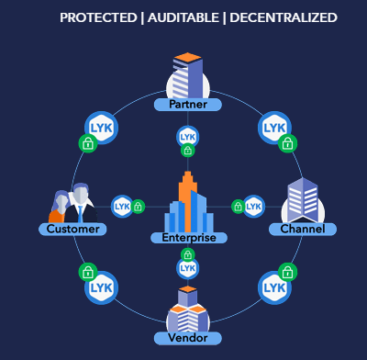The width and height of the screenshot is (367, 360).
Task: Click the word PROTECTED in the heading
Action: coord(98,17)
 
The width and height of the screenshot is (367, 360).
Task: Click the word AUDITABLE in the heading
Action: coord(183,17)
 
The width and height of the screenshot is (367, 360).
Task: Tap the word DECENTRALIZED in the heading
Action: coord(284,17)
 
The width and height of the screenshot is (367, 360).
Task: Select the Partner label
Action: coord(188,105)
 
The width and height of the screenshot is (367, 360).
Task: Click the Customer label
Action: coord(72,229)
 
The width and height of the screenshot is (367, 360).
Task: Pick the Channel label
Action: coord(303,229)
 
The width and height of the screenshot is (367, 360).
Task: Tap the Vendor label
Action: coord(188,338)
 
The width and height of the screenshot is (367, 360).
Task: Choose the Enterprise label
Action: coord(189,238)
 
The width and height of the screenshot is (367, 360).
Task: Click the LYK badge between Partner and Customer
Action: coord(101,128)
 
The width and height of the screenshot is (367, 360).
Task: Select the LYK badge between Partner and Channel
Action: coord(274,128)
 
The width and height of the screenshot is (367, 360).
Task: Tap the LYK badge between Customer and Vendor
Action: coord(101,287)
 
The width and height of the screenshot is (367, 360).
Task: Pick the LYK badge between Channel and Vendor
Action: coord(274,287)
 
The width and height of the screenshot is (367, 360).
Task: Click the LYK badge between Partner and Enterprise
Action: coord(187,137)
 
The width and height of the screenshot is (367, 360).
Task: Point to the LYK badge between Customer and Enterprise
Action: coord(122,207)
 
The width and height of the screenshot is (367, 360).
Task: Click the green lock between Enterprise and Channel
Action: coord(238,207)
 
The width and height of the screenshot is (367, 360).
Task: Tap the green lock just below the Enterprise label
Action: coord(187,254)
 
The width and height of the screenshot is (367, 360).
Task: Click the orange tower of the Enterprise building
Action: coord(187,202)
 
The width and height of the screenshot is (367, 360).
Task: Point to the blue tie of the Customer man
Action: coord(80,214)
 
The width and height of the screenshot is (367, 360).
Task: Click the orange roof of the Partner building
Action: coord(187,57)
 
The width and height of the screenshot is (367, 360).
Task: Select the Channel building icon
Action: coord(303,200)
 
